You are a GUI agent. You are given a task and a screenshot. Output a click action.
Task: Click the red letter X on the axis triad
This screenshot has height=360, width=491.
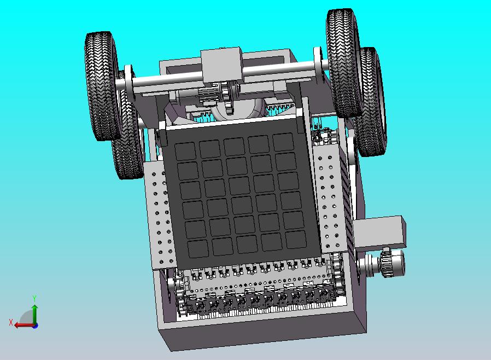11,322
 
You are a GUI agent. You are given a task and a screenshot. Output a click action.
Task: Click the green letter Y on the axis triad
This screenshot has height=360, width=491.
35,298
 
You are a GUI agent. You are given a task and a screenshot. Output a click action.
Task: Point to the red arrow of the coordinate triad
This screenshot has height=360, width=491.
25,325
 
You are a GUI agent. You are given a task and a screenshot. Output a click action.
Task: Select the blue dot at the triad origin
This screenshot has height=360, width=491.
36,326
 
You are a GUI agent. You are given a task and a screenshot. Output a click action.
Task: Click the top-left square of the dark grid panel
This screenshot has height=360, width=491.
185,152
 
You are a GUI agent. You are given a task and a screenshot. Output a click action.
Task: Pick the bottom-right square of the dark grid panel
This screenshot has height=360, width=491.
296,240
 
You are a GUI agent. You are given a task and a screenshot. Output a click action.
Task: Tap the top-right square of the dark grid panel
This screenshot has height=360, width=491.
283,142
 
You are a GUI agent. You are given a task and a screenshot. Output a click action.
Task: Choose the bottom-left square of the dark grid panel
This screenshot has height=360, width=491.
198,249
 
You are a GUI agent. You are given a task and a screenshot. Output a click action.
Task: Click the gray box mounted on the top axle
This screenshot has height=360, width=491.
221,65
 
